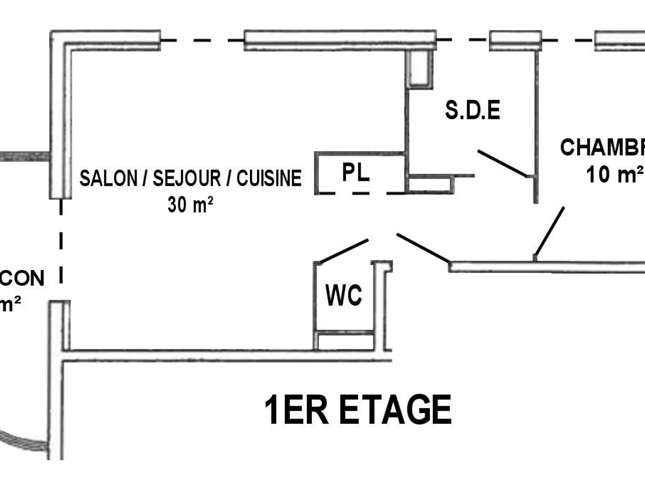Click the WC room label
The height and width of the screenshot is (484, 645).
tap(344, 295)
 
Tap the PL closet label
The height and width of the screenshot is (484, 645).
tap(356, 173)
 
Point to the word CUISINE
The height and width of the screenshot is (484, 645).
tap(269, 179)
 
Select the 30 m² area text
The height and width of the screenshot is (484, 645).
tap(188, 205)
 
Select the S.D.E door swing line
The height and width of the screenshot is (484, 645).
tap(502, 163)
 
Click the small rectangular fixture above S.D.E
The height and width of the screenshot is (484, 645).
tap(420, 69)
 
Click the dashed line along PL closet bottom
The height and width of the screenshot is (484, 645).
tap(360, 193)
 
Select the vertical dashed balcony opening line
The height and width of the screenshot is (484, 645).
tap(61, 242)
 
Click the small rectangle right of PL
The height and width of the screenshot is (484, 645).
tap(430, 184)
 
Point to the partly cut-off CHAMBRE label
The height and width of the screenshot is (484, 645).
tap(602, 147)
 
